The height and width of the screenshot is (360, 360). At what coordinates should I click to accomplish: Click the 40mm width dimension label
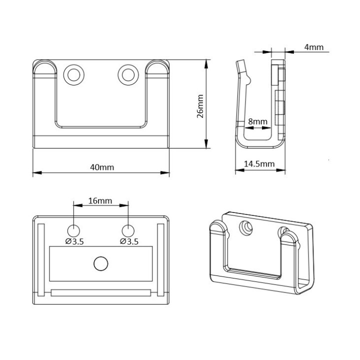coord(101,167)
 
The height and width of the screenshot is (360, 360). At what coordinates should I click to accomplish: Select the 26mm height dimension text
coord(200,105)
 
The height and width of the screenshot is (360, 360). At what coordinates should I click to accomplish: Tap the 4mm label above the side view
coord(313,47)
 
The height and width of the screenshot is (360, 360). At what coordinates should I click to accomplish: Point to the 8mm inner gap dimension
coord(258,121)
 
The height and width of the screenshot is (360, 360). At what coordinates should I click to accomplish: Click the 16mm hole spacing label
coord(100,200)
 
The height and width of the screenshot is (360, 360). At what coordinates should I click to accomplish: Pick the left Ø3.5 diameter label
coord(73,241)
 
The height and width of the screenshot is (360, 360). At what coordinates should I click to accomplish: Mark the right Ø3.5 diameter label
coord(128,241)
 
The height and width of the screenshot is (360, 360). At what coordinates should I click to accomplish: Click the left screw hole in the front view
coord(74,74)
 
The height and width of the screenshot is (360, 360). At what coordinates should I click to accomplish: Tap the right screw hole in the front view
coord(127,74)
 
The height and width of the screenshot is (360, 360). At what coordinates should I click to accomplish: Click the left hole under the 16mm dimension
coord(73,230)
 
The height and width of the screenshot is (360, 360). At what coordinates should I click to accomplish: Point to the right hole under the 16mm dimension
coord(128,230)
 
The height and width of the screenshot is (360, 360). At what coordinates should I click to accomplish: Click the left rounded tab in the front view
coord(43,69)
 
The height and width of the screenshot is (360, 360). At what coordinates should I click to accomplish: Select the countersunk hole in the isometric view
coord(245,227)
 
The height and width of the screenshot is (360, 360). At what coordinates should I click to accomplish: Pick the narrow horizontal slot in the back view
coord(100,292)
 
